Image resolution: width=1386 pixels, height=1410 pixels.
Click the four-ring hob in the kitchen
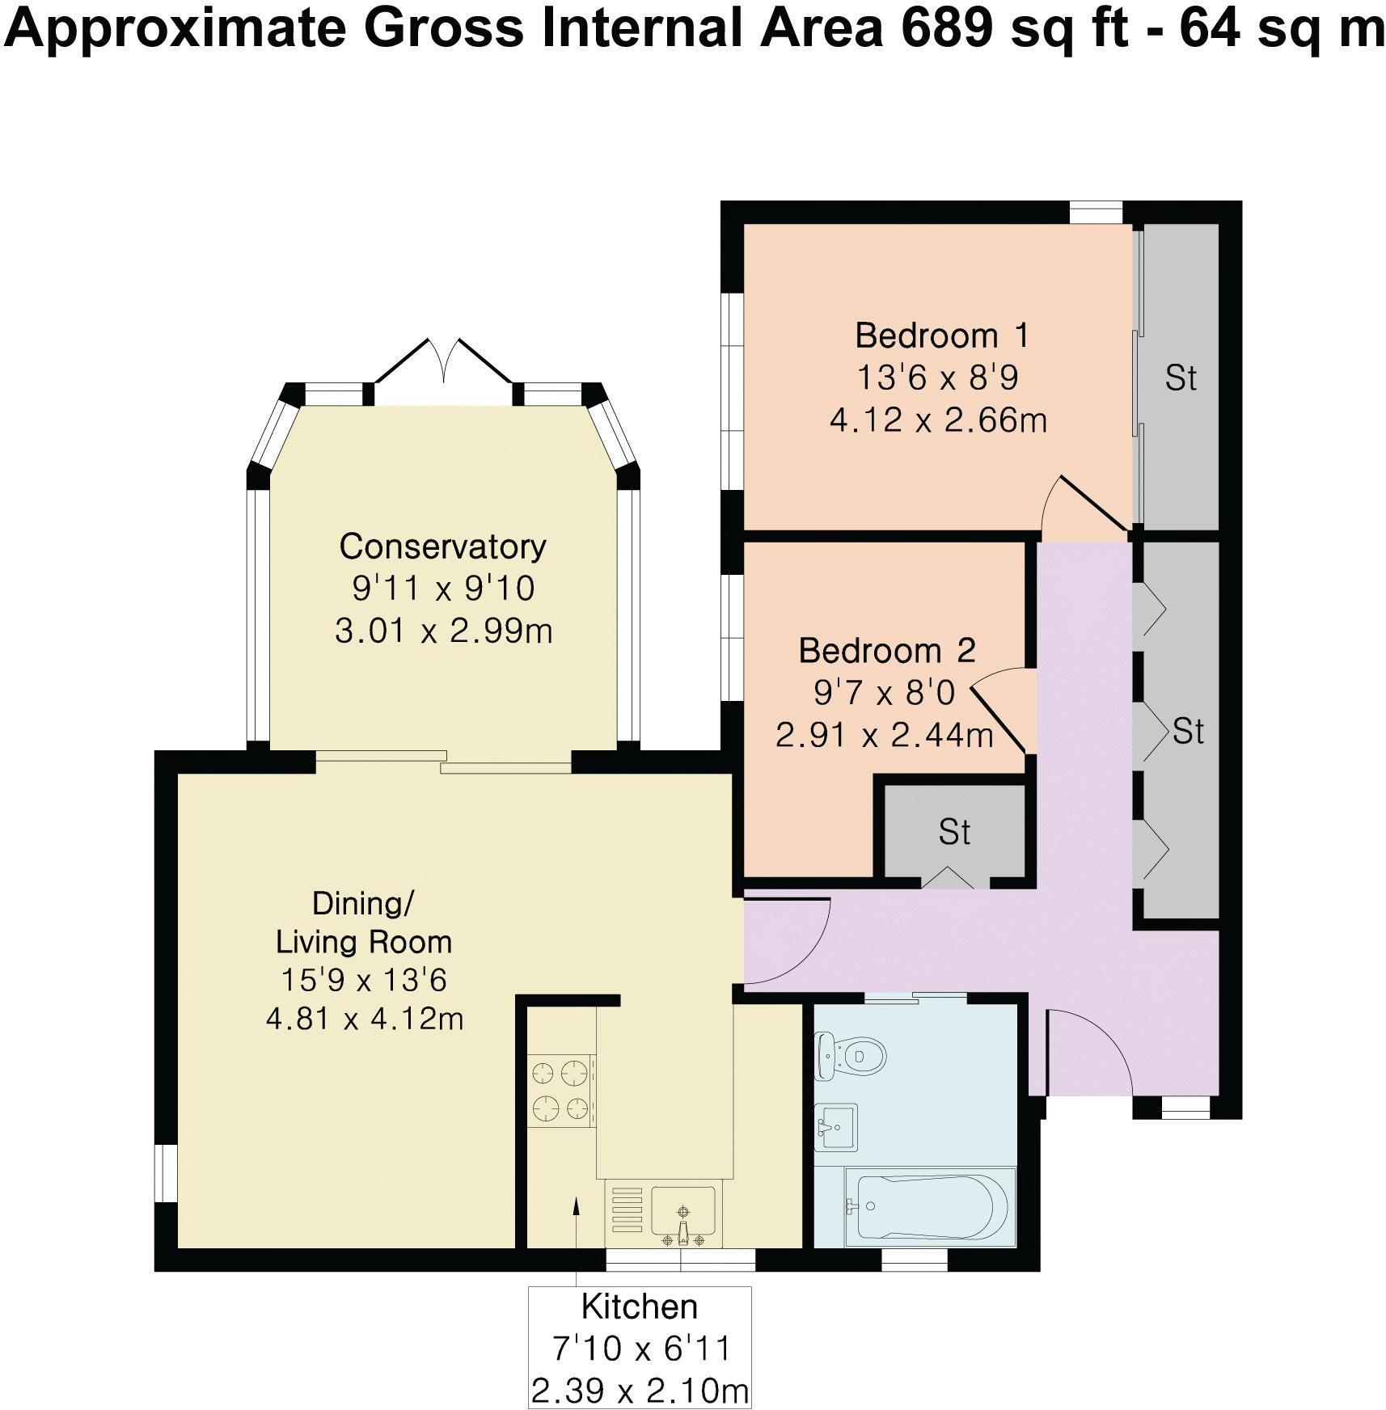click(560, 1091)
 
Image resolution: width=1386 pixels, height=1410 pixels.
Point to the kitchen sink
click(683, 1214)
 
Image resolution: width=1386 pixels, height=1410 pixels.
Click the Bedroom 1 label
click(942, 335)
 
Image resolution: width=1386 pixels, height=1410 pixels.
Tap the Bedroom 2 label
click(887, 650)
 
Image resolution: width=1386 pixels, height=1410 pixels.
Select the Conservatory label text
click(442, 547)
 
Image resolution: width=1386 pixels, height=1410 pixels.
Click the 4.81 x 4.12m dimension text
click(365, 1019)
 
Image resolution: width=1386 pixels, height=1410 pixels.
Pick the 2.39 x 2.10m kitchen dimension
click(639, 1391)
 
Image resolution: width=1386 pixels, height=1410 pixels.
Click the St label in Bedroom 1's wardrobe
click(1181, 378)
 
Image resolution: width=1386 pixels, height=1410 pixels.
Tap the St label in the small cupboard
click(954, 831)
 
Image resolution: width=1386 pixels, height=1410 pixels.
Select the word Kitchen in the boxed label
click(639, 1307)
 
